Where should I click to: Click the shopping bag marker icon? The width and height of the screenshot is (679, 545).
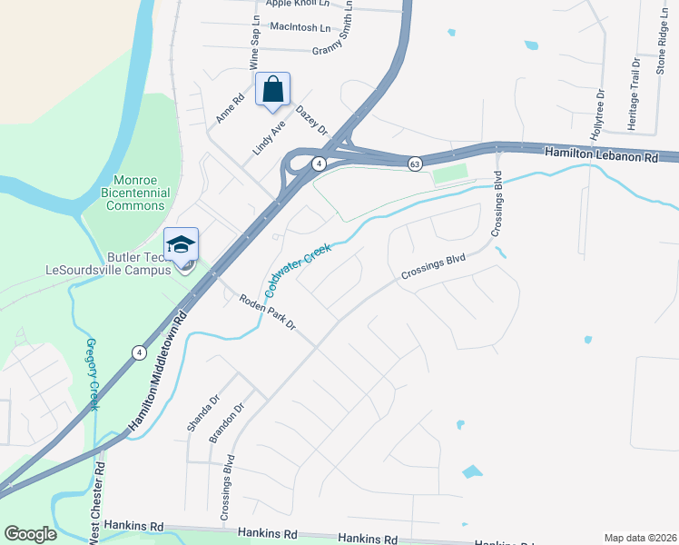pos(272,90)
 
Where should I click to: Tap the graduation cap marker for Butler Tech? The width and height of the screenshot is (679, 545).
pos(181,244)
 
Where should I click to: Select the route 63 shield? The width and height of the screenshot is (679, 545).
pos(415,163)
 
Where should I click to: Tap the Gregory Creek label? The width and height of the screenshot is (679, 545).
pos(91,373)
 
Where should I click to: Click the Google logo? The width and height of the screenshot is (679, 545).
pos(31,534)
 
